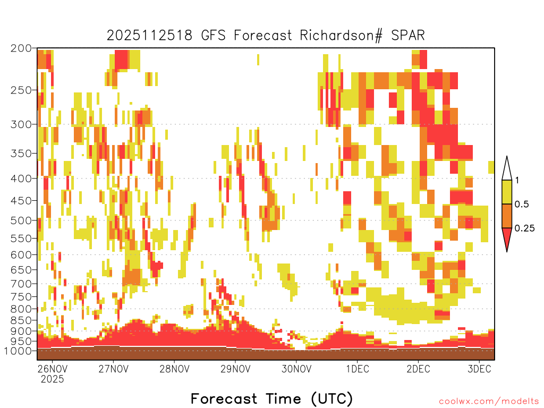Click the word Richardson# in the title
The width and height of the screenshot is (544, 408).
click(x=341, y=36)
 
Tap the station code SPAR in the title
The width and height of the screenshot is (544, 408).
click(x=408, y=36)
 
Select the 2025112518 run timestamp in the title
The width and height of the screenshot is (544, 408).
click(x=149, y=36)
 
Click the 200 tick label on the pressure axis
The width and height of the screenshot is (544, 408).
click(x=21, y=48)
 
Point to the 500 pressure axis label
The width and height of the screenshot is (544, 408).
click(x=21, y=220)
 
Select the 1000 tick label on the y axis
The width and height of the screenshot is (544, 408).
click(x=18, y=351)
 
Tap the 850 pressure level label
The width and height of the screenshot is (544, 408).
click(x=21, y=320)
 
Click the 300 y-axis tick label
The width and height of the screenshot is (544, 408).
click(x=21, y=124)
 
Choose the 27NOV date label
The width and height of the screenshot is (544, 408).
click(x=114, y=369)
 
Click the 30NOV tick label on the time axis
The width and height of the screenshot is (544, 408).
click(x=296, y=369)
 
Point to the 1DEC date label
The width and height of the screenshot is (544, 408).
click(x=358, y=369)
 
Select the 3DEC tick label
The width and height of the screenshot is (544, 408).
click(x=480, y=369)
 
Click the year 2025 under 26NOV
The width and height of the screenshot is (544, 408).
click(x=53, y=379)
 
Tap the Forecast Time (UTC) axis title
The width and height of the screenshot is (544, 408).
click(x=272, y=399)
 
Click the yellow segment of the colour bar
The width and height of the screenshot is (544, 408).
click(x=507, y=192)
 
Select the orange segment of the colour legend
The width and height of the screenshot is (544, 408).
click(x=507, y=216)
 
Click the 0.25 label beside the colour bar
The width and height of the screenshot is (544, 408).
click(x=524, y=228)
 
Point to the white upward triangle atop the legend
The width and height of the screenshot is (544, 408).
click(x=507, y=171)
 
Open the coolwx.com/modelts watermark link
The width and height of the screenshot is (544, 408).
click(x=489, y=402)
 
